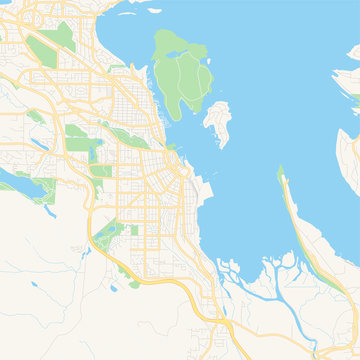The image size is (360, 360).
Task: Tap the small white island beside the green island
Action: [x=216, y=122]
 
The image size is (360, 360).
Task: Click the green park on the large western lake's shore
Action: [x=44, y=185]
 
